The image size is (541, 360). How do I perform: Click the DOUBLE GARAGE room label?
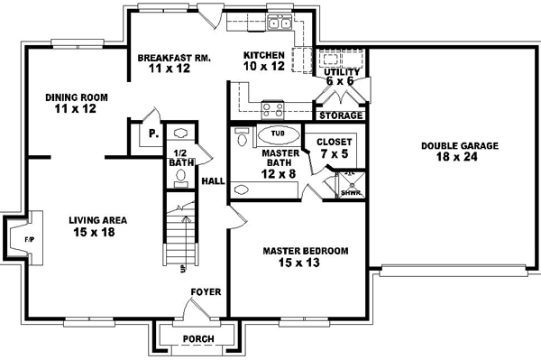tap(454, 145)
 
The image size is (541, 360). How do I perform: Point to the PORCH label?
tap(198, 339)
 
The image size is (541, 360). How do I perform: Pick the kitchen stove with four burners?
tap(272, 110)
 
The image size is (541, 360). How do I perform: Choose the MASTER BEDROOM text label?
tap(305, 250)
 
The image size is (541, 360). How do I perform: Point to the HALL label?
tap(213, 181)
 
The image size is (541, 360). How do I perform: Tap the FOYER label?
tap(205, 291)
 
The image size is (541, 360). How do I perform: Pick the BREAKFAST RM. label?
tap(174, 58)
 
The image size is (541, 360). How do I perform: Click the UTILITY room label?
tap(343, 71)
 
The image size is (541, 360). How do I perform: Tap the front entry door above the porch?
tap(197, 313)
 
